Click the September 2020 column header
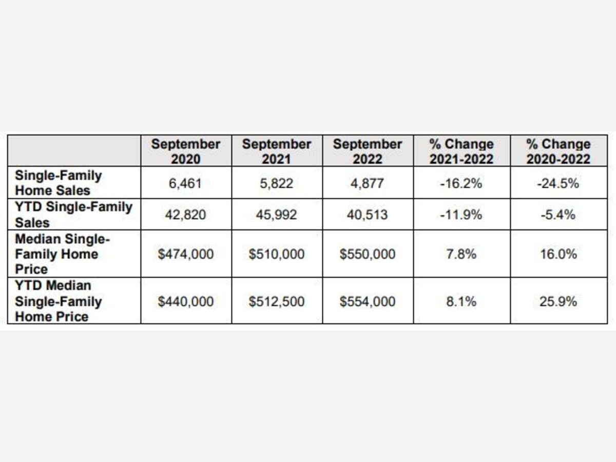click(186, 151)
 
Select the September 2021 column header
click(277, 151)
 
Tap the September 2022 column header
click(368, 151)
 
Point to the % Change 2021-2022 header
click(461, 151)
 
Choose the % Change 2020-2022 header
click(559, 151)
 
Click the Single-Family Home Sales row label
click(59, 183)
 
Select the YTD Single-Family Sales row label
click(73, 215)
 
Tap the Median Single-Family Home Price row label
click(63, 254)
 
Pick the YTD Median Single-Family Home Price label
click(58, 301)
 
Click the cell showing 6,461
click(186, 183)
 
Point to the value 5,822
click(277, 183)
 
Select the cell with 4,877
click(368, 183)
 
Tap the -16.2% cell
click(461, 183)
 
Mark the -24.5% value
click(559, 183)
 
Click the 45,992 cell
click(277, 215)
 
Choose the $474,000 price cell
click(186, 254)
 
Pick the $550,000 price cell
click(368, 254)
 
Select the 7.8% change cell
click(461, 254)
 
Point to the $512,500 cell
click(277, 301)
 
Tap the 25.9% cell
click(559, 301)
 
